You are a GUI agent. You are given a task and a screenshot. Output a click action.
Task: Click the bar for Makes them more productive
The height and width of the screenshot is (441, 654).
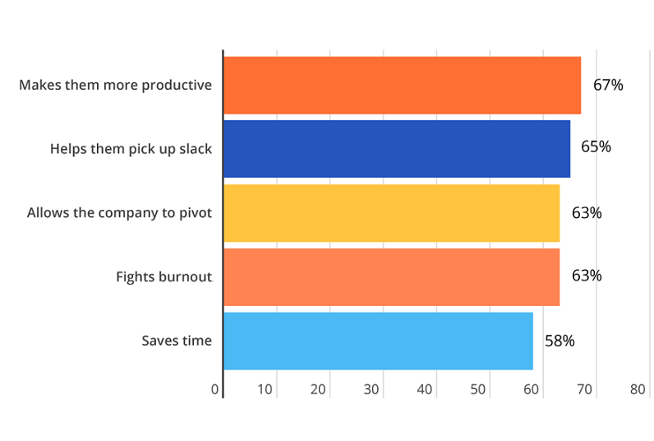pos(402,85)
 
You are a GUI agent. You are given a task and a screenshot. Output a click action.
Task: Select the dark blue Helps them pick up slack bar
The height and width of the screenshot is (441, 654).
pos(396,149)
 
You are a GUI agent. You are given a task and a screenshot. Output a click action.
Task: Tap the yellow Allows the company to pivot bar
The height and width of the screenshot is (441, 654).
pos(391,212)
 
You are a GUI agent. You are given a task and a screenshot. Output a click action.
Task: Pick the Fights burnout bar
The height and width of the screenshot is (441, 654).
pos(391,276)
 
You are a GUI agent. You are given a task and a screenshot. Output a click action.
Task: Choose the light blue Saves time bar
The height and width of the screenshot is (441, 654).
pos(378,341)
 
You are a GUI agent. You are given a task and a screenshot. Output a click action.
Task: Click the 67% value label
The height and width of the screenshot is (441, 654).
pos(608,85)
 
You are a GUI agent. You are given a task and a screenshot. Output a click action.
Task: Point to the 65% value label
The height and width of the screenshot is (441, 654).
pos(596,147)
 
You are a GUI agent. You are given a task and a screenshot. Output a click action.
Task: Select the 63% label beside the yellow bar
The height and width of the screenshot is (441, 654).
pos(587,212)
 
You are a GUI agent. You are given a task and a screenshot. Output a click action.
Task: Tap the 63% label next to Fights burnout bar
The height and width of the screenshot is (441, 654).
pos(587,276)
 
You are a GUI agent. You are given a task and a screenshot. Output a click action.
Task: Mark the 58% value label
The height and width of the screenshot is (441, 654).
pos(560,340)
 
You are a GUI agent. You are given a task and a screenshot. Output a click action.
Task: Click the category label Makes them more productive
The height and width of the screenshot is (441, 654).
pos(115,86)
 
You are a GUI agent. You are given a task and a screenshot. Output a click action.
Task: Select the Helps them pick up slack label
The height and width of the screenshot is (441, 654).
pos(131,149)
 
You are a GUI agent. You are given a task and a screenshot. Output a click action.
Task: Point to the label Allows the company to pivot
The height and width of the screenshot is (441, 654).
pos(119,213)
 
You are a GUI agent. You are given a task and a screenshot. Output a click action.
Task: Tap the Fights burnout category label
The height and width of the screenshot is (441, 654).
pos(163,276)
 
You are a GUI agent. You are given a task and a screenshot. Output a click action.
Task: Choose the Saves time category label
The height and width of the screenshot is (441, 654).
pos(177,341)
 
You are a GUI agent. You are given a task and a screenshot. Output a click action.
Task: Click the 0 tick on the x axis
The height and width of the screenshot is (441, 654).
pos(215,389)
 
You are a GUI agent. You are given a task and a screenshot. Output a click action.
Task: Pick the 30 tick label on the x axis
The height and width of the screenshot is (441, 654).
pos(371,389)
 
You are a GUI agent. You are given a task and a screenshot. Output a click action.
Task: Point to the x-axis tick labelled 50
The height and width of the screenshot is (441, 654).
pos(477,389)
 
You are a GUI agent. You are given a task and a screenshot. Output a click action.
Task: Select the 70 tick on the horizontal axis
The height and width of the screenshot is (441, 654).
pos(584,389)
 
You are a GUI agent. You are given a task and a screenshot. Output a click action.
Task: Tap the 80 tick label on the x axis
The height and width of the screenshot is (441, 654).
pos(638,389)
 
